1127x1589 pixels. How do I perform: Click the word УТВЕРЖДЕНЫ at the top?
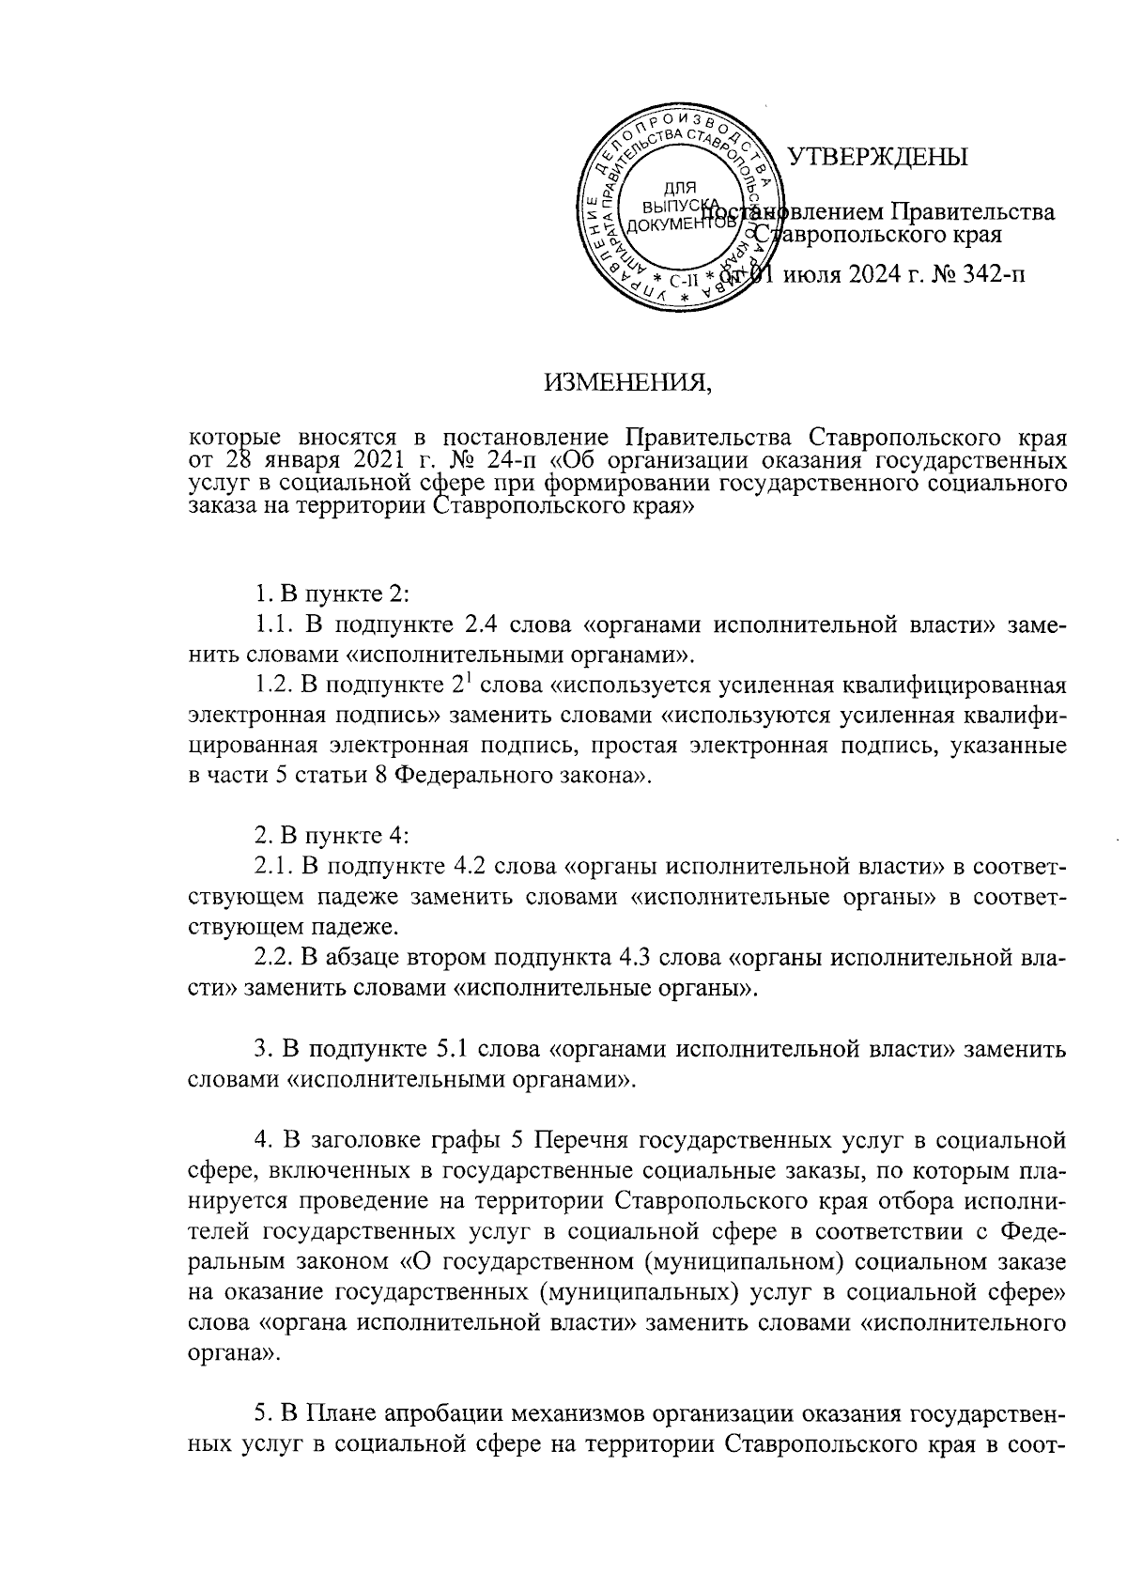875,157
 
